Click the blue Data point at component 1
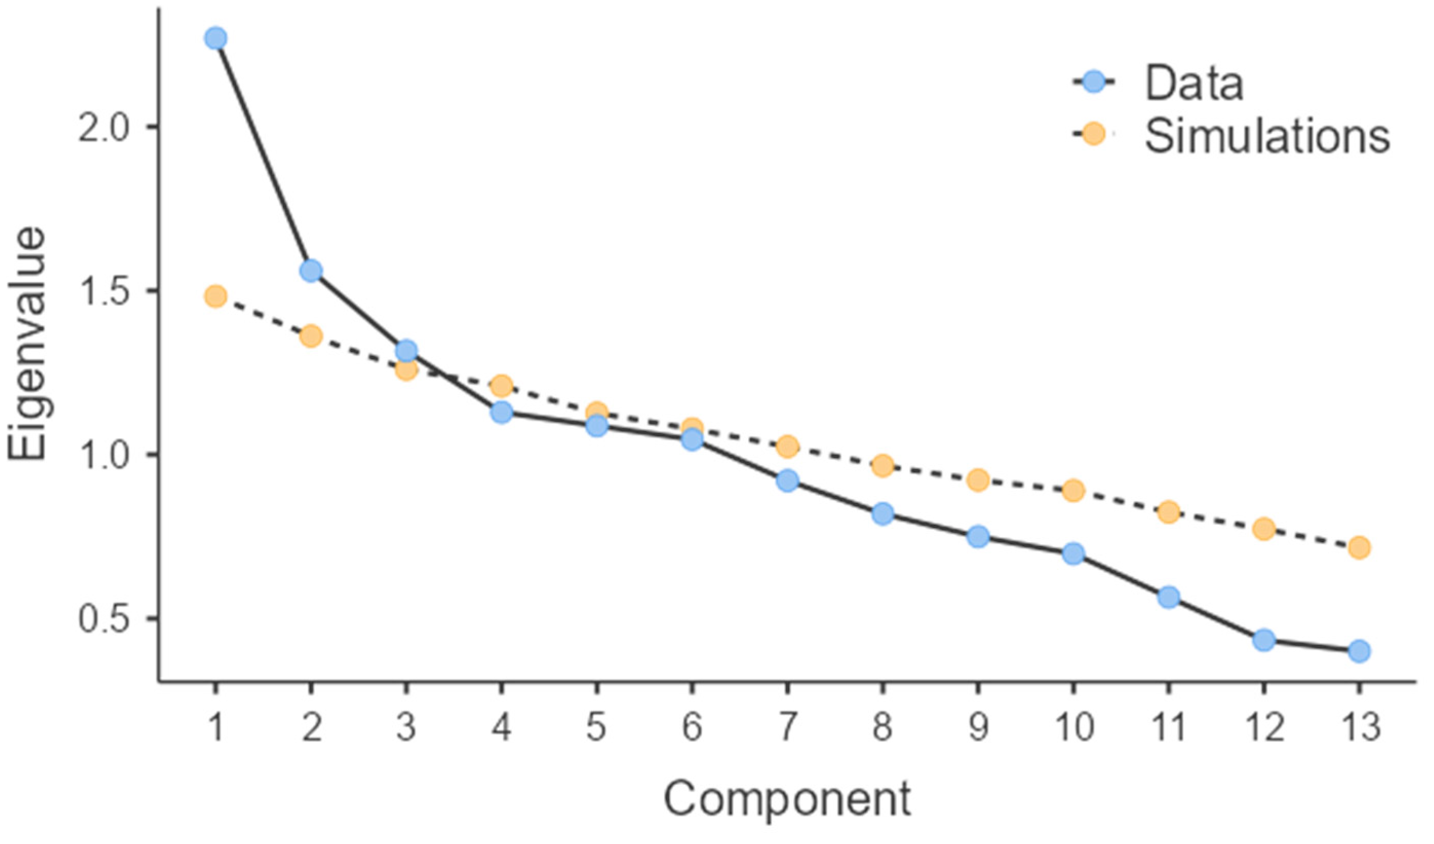click(215, 39)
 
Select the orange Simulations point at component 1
click(215, 296)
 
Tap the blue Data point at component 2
click(311, 271)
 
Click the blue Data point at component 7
click(788, 481)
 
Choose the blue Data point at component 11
click(1168, 598)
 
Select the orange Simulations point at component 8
click(882, 466)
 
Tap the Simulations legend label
click(1267, 136)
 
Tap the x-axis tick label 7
click(788, 728)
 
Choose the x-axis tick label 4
click(501, 728)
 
